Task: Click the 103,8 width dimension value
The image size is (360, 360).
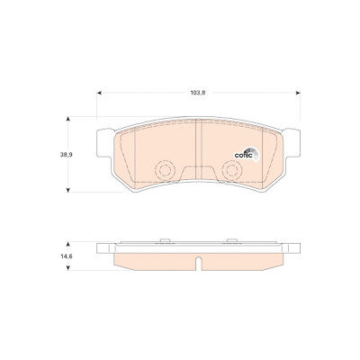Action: pyautogui.click(x=198, y=93)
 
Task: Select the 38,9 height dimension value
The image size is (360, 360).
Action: pyautogui.click(x=67, y=155)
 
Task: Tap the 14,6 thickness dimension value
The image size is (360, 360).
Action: pyautogui.click(x=67, y=256)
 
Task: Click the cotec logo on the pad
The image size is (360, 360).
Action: pyautogui.click(x=246, y=155)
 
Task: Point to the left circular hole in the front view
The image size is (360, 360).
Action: pyautogui.click(x=165, y=171)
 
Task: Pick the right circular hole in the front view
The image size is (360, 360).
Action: pyautogui.click(x=232, y=171)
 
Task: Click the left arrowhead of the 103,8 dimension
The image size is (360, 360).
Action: pyautogui.click(x=100, y=93)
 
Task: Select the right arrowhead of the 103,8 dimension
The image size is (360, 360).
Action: pyautogui.click(x=298, y=93)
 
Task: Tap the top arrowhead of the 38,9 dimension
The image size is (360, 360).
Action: pyautogui.click(x=68, y=119)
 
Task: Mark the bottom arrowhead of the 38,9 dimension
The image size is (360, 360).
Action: pyautogui.click(x=68, y=190)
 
